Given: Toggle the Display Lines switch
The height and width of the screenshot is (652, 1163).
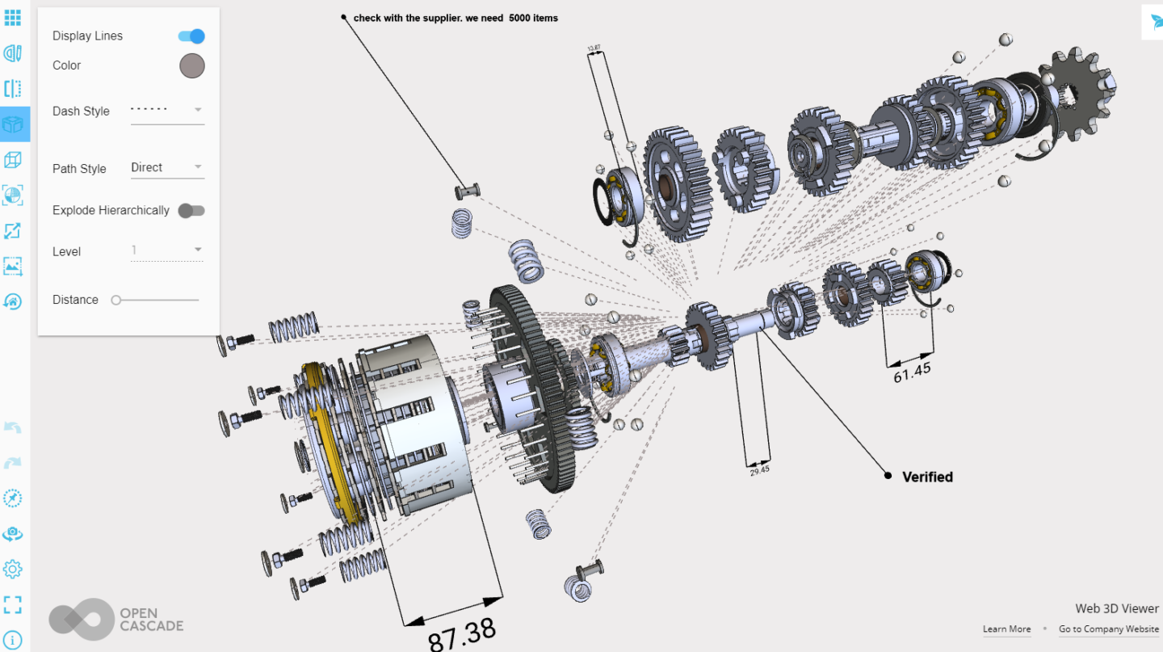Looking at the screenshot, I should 191,36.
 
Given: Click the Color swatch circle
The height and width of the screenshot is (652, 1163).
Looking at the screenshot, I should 192,66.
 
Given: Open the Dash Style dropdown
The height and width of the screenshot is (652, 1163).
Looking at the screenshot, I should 168,111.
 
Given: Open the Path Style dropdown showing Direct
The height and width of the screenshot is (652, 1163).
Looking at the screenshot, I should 168,168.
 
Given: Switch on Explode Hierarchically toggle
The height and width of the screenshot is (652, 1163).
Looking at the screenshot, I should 191,211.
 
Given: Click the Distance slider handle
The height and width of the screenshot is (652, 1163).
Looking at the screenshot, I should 116,300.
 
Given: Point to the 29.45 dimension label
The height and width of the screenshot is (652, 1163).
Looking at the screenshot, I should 759,469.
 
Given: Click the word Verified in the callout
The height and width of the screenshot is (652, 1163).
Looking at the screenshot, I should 927,477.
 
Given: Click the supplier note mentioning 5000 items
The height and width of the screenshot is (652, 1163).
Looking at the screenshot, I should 456,18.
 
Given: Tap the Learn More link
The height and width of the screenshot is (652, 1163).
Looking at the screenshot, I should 1006,629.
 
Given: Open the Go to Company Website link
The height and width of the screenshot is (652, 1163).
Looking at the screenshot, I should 1108,629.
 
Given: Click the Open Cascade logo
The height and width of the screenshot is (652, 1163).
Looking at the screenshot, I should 115,620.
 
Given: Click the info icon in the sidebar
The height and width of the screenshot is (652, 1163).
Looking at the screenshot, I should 12,640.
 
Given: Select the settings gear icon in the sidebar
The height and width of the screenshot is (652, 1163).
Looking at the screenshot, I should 12,569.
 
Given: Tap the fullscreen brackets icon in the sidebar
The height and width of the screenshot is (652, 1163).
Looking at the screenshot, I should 12,604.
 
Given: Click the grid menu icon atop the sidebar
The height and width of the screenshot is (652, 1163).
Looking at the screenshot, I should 12,17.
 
